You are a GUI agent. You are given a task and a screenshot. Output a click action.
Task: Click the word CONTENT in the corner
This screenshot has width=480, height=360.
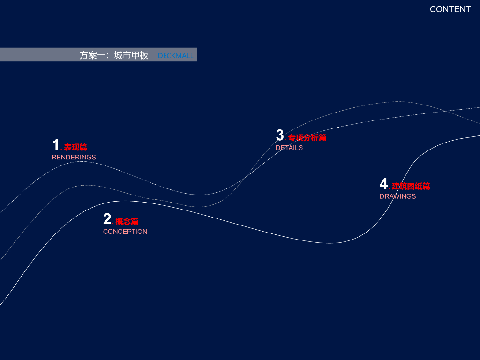[x=450, y=9]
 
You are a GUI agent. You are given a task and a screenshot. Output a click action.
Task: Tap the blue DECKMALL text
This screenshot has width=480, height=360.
[x=175, y=55]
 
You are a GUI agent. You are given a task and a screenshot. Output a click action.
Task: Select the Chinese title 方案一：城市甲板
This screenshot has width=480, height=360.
[x=114, y=55]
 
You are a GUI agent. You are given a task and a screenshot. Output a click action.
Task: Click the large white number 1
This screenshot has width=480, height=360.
[x=55, y=145]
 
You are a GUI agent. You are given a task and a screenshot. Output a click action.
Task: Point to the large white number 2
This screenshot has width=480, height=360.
[x=107, y=219]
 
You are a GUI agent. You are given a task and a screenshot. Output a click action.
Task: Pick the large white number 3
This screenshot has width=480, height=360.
[x=280, y=135]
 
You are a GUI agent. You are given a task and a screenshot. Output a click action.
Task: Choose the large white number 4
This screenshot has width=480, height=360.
[x=383, y=184]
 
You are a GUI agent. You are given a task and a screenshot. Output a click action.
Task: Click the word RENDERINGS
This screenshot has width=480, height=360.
[x=74, y=157]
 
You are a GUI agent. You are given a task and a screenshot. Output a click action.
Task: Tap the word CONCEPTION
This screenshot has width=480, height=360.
[x=125, y=232]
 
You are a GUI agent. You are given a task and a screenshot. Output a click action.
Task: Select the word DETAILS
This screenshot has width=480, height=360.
[x=289, y=148]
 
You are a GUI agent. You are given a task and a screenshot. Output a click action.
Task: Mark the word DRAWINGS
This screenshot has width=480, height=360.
[x=397, y=196]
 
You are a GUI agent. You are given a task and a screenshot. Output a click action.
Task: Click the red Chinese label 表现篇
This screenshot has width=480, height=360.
[x=75, y=148]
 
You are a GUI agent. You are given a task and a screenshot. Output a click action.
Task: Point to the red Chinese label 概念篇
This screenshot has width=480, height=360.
[x=127, y=221]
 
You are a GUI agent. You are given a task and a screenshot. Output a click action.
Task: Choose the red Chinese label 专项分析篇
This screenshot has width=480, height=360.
[x=307, y=138]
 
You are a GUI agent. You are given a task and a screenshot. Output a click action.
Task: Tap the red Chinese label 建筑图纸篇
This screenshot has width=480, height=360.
[x=411, y=186]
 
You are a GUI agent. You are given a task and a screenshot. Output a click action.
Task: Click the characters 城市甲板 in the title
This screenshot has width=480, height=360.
[x=131, y=55]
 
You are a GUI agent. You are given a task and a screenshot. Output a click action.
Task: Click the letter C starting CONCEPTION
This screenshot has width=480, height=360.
[x=105, y=232]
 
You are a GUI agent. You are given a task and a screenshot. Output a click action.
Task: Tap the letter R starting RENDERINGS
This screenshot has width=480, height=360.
[x=54, y=157]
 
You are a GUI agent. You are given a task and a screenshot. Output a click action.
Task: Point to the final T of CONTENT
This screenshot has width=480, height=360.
[x=468, y=9]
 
